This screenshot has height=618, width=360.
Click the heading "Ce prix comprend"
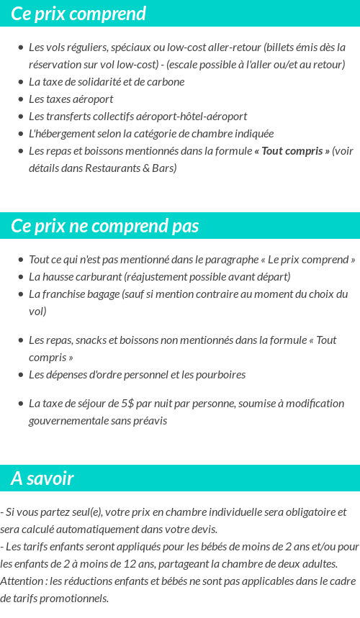click(78, 14)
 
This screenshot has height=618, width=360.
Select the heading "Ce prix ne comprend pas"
click(105, 226)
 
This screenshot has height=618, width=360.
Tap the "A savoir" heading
click(42, 478)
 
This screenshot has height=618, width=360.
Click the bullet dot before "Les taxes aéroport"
click(21, 99)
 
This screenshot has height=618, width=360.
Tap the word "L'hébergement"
click(60, 134)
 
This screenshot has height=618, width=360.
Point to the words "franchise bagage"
click(78, 294)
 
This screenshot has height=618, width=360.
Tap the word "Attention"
click(22, 581)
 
